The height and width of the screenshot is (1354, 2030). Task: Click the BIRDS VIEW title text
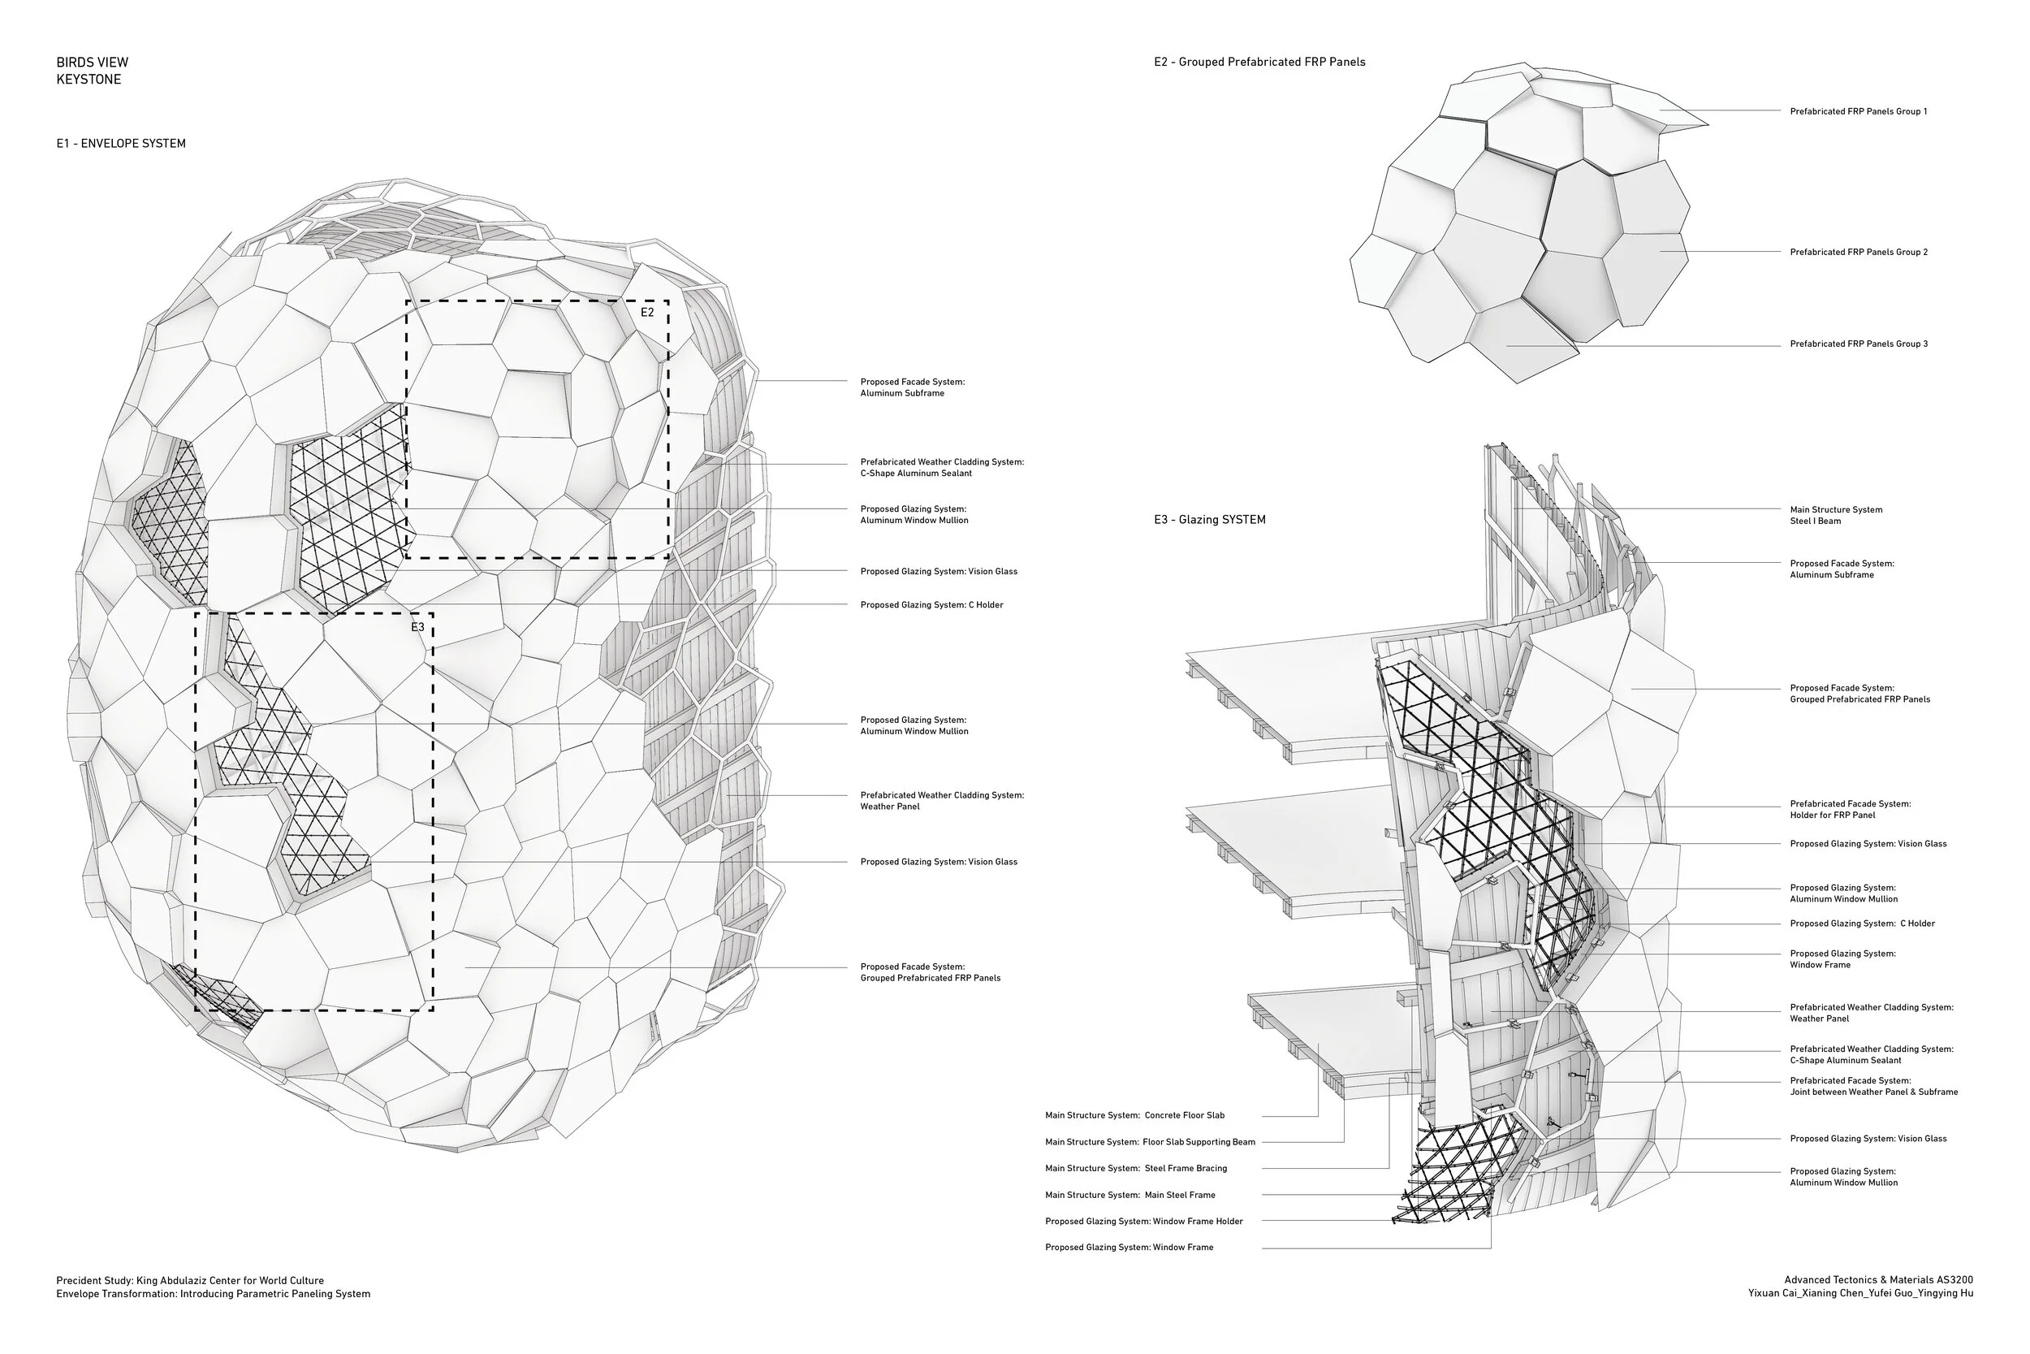coord(93,63)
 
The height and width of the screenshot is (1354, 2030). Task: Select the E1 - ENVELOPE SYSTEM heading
coord(121,143)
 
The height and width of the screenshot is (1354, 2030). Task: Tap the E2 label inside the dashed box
coord(647,313)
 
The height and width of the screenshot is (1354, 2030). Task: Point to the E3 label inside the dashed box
coord(417,627)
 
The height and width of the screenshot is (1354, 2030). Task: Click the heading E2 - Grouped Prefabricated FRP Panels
coord(1259,63)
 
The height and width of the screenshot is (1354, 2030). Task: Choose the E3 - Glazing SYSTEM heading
coord(1209,520)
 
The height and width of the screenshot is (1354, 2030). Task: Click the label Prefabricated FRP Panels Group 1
coord(1858,111)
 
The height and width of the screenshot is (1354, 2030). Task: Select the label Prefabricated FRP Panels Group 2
coord(1858,252)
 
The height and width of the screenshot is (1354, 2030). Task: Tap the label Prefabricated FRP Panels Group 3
coord(1858,344)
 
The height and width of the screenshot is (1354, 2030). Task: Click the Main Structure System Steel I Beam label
coord(1836,516)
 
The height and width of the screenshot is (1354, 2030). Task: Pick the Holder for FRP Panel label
coord(1850,809)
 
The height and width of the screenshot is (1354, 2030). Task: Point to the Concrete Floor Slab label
coord(1134,1116)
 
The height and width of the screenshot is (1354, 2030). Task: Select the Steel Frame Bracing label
coord(1136,1168)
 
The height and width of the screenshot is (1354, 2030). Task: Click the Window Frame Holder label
coord(1143,1221)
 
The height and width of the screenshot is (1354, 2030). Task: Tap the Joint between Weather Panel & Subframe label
coord(1873,1086)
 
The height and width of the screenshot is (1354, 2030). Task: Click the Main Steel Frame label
coord(1129,1195)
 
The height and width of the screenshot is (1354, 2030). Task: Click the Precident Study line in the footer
coord(190,1281)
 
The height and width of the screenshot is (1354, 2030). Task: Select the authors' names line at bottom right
coord(1860,1294)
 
